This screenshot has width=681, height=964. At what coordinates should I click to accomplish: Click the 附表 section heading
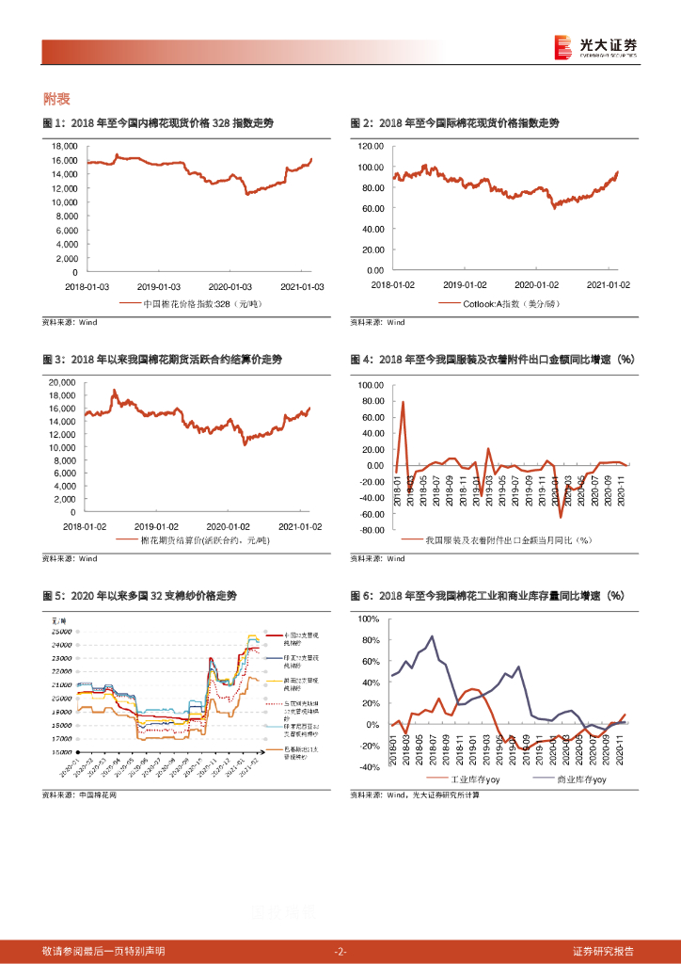tap(57, 98)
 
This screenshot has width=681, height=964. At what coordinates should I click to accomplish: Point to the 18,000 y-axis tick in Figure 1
tap(64, 146)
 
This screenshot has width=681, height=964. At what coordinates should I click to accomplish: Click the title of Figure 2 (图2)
tap(454, 123)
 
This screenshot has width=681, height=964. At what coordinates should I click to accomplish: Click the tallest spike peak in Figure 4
tap(404, 402)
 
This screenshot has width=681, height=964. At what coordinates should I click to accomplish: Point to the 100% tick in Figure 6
tap(367, 619)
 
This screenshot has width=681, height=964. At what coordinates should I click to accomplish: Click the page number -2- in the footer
tap(340, 951)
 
